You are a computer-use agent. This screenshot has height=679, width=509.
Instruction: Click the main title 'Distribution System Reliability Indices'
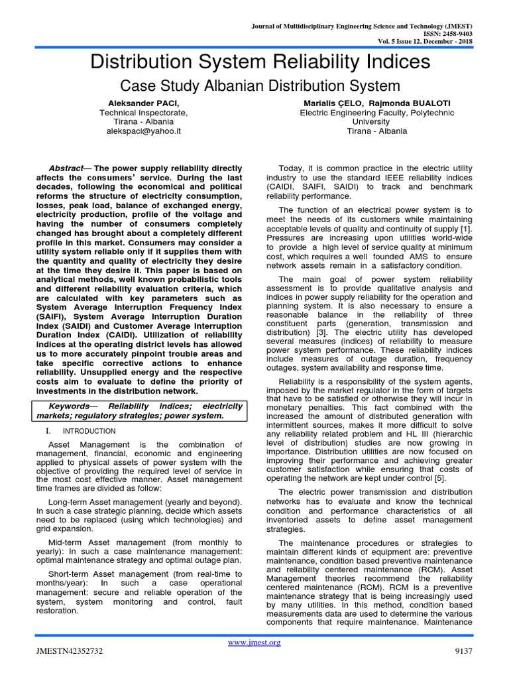(x=259, y=62)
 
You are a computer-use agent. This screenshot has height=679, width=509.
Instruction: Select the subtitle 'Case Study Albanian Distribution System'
(x=259, y=86)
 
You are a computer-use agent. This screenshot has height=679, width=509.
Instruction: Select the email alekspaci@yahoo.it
(x=143, y=131)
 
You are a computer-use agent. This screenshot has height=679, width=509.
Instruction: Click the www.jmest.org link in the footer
(x=254, y=643)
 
